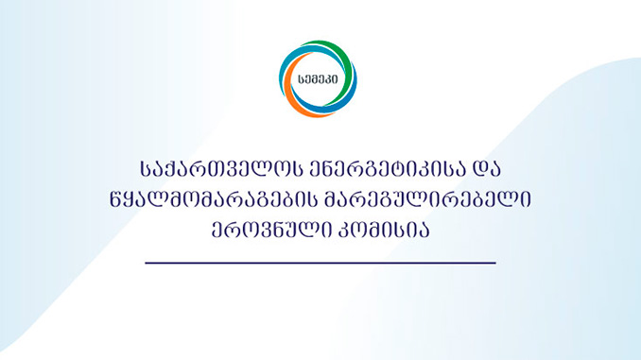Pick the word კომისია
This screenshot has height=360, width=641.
(x=390, y=231)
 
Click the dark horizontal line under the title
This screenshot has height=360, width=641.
(x=320, y=262)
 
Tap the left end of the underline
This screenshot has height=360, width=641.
(x=147, y=262)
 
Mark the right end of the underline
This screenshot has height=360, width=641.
(x=494, y=262)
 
